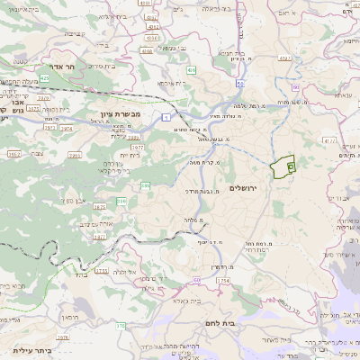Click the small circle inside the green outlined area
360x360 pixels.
[290, 166]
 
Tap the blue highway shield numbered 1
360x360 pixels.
[166, 116]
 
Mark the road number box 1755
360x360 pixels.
[101, 270]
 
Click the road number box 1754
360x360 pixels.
[223, 281]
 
